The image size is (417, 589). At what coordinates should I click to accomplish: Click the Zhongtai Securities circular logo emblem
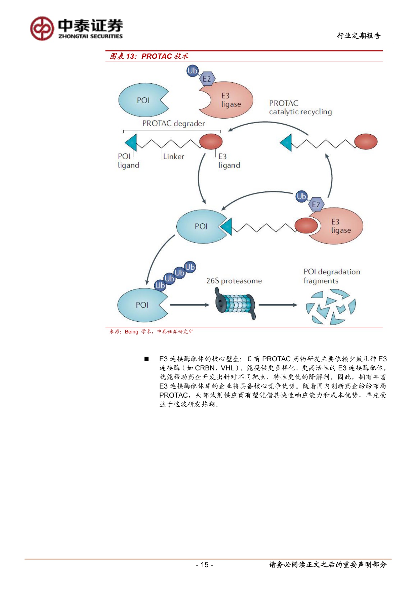42,29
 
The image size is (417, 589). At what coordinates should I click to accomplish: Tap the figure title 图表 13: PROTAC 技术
149,56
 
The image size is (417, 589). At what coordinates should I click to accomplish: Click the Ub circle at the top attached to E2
193,71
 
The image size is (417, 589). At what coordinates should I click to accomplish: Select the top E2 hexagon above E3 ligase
207,79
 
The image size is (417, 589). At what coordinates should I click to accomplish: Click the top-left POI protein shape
141,100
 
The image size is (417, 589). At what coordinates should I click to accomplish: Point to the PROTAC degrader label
173,124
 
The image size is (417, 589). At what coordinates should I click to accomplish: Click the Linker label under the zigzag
173,156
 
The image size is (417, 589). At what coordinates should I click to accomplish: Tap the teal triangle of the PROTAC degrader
132,142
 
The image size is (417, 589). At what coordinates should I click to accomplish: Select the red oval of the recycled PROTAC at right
366,141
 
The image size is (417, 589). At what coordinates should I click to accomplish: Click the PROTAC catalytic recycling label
300,107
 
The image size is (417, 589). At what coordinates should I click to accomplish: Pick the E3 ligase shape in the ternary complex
339,226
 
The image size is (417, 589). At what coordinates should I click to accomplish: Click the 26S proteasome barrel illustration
235,305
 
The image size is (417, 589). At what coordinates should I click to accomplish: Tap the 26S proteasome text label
234,281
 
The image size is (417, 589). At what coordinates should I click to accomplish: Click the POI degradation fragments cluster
331,308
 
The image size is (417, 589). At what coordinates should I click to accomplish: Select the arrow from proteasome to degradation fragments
278,305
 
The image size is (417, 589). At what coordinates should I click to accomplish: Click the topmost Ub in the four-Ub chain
190,267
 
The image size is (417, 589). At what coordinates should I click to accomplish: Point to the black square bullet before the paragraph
147,359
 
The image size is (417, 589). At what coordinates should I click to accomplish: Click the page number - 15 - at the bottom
205,565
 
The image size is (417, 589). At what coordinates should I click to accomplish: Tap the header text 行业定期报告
359,36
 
